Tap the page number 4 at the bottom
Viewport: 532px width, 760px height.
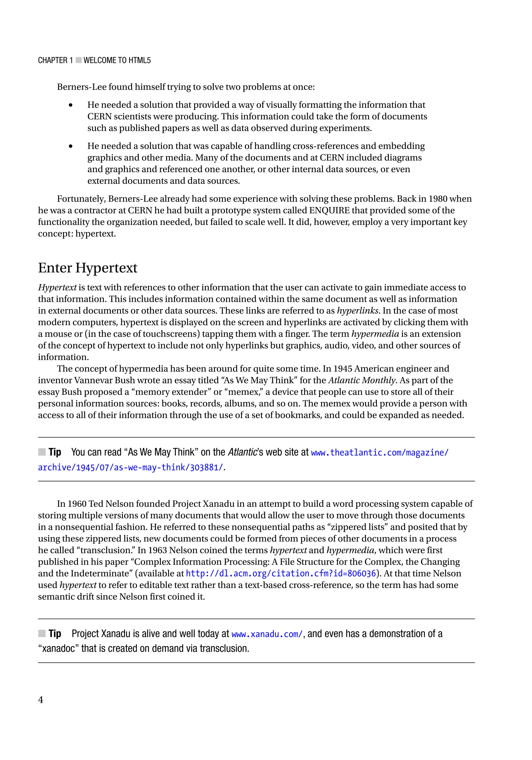coord(40,699)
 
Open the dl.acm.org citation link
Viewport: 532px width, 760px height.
coord(281,573)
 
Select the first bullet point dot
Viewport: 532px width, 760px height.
coord(70,105)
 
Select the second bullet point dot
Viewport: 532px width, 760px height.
coord(70,146)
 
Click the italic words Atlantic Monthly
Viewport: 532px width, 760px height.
coord(362,380)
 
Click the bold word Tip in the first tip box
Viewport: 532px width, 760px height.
coord(55,452)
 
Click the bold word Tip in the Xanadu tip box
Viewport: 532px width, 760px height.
coord(55,634)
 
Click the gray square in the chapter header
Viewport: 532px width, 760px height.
coord(78,60)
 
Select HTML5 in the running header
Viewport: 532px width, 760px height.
coord(139,60)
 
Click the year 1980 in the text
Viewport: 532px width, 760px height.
coord(438,199)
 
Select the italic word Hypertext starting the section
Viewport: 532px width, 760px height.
coord(57,287)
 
